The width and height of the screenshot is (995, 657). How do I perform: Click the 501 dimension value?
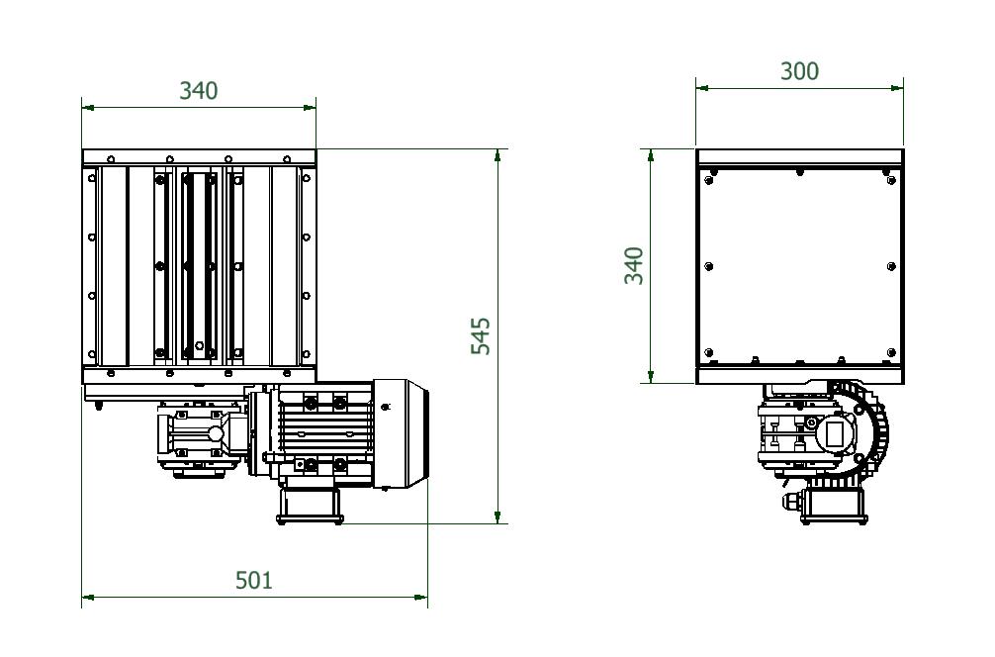253,580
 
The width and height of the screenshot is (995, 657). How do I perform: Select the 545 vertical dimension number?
481,336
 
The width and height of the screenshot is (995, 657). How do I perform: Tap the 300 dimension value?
799,71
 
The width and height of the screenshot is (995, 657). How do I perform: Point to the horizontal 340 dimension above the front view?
198,90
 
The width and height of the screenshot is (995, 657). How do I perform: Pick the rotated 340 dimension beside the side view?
634,265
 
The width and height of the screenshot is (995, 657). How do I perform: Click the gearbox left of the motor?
203,435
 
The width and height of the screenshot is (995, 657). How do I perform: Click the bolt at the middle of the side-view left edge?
709,266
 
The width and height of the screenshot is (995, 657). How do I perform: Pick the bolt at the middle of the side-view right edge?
891,266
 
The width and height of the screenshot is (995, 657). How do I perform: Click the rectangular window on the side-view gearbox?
835,432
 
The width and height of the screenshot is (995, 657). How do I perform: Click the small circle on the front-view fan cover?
386,406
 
